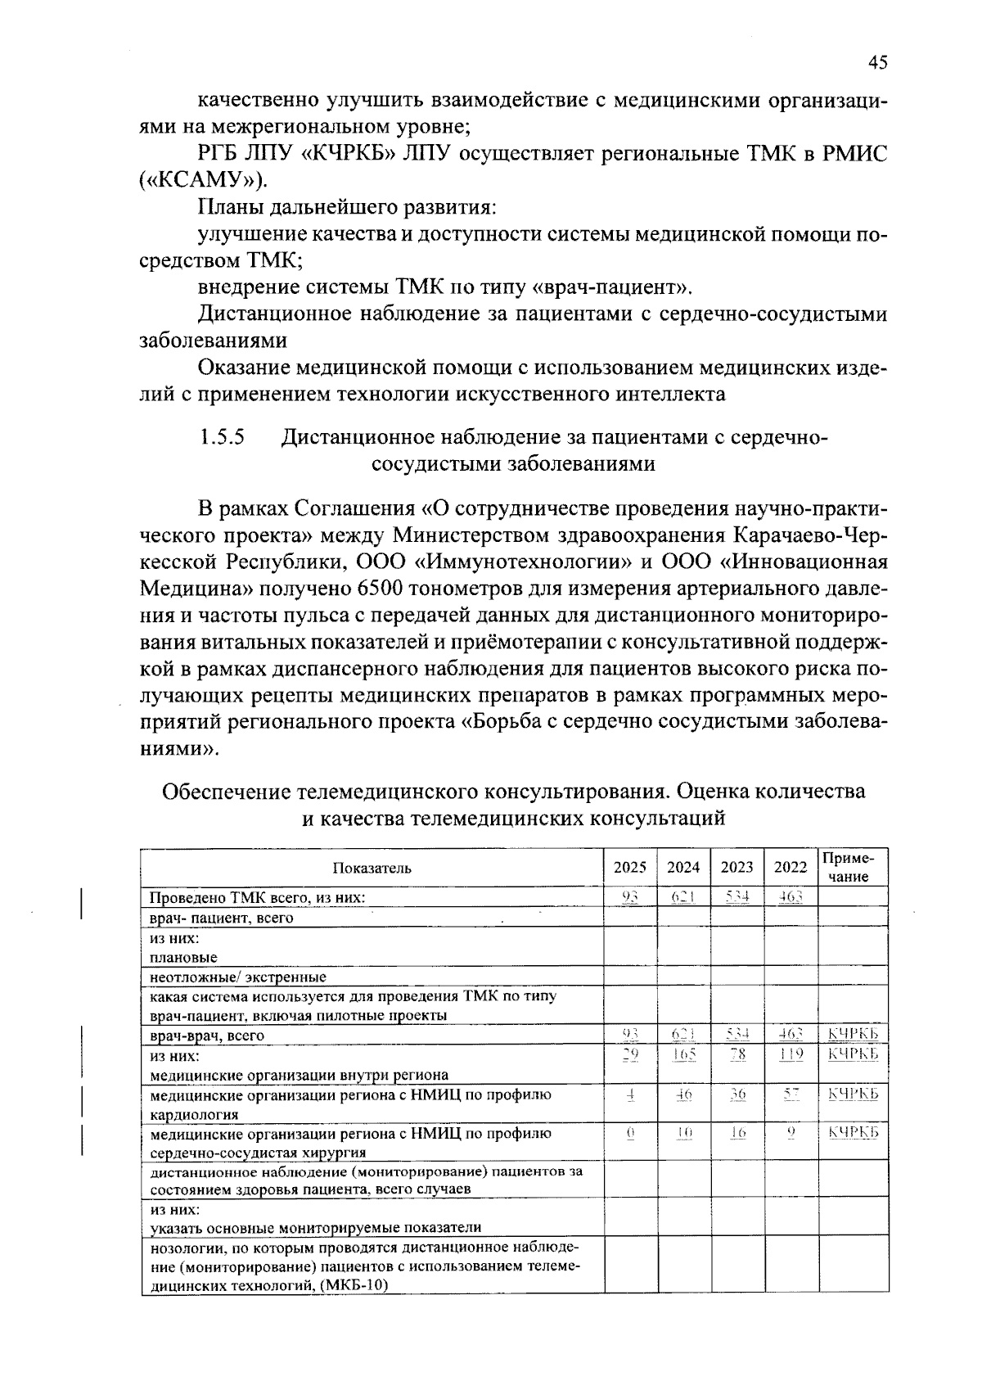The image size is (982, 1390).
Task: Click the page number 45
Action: pyautogui.click(x=877, y=63)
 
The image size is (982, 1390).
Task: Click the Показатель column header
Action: pyautogui.click(x=372, y=868)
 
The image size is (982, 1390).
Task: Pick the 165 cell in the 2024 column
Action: pyautogui.click(x=683, y=1056)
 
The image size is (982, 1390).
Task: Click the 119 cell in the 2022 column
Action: pyautogui.click(x=790, y=1056)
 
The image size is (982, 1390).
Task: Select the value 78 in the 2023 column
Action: pyautogui.click(x=737, y=1056)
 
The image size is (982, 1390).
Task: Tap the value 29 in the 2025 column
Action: pyautogui.click(x=629, y=1056)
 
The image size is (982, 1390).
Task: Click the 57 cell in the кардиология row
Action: pyautogui.click(x=790, y=1094)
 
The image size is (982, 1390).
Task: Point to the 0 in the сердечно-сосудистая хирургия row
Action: pyautogui.click(x=629, y=1133)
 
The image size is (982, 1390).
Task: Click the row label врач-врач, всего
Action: pyautogui.click(x=207, y=1036)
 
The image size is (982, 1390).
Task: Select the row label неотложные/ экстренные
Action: pyautogui.click(x=237, y=977)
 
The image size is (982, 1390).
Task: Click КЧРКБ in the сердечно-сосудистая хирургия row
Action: pyautogui.click(x=853, y=1133)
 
